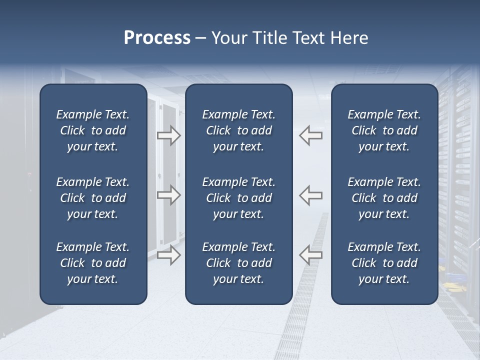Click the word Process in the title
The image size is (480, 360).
click(x=157, y=38)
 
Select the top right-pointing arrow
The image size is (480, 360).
click(x=168, y=135)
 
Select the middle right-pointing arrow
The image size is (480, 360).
click(x=168, y=195)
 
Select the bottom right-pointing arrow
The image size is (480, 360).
click(x=168, y=255)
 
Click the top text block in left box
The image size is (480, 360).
click(x=93, y=130)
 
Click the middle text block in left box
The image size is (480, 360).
click(x=93, y=198)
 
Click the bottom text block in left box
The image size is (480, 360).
click(x=93, y=263)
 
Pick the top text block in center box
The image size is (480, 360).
click(x=238, y=130)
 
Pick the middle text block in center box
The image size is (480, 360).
click(x=238, y=198)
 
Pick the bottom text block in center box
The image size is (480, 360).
click(x=238, y=263)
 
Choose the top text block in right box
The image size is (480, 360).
click(x=384, y=130)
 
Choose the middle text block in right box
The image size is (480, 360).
click(x=384, y=198)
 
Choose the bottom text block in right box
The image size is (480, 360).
click(x=384, y=263)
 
